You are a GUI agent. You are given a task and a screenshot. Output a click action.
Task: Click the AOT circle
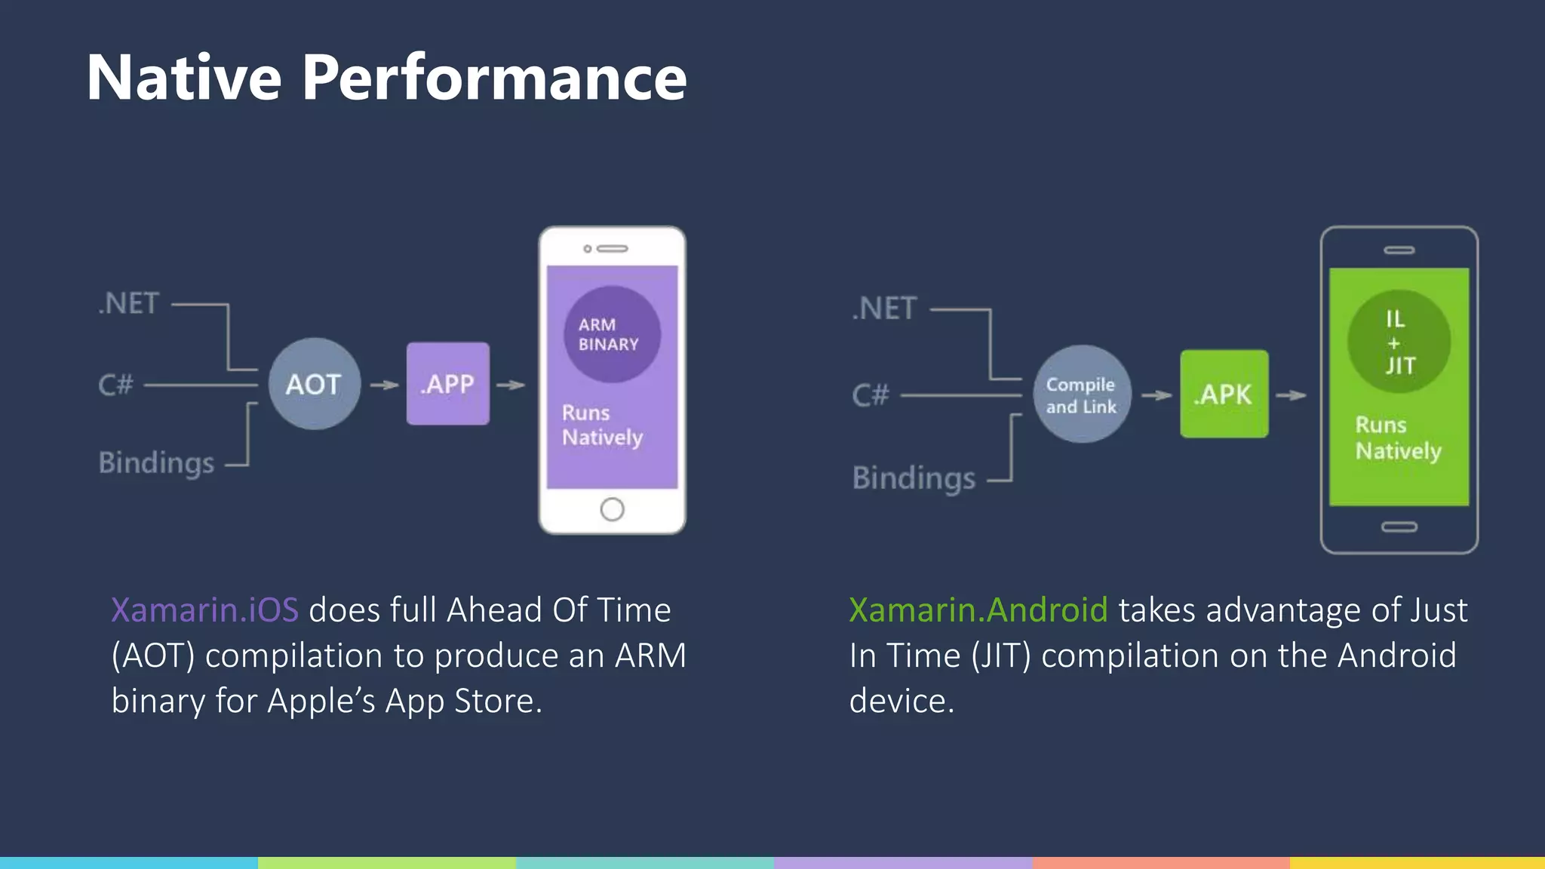click(315, 384)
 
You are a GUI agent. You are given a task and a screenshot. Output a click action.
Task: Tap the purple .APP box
click(448, 384)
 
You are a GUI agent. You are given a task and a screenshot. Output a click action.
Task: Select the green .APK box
click(1224, 394)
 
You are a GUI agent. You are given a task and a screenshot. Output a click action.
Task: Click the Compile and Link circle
click(1081, 395)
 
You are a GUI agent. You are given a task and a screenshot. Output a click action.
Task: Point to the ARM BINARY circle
click(612, 334)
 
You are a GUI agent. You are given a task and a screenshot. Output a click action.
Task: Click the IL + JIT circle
click(1399, 342)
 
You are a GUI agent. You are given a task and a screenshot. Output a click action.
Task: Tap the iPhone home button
click(612, 509)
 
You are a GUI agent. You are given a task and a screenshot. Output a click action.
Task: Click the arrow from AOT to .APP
click(384, 385)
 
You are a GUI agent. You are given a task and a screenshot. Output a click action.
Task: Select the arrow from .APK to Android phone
click(1292, 395)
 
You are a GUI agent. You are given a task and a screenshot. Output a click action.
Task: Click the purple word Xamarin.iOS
click(205, 610)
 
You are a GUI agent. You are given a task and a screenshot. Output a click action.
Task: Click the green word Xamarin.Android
click(978, 610)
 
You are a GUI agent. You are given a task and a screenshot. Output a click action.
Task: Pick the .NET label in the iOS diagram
click(129, 303)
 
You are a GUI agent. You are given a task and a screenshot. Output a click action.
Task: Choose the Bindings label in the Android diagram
click(914, 478)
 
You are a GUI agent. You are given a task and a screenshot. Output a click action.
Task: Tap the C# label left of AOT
click(115, 385)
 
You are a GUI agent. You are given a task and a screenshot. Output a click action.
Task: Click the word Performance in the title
click(494, 78)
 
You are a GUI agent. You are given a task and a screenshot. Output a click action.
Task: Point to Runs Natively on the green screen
click(1397, 438)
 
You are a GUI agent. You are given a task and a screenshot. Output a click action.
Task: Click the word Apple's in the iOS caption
click(321, 701)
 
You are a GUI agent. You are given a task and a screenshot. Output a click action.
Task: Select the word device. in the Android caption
click(902, 701)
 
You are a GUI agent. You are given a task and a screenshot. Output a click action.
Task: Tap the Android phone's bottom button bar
click(1399, 527)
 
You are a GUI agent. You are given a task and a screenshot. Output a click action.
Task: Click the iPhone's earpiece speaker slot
click(612, 248)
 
